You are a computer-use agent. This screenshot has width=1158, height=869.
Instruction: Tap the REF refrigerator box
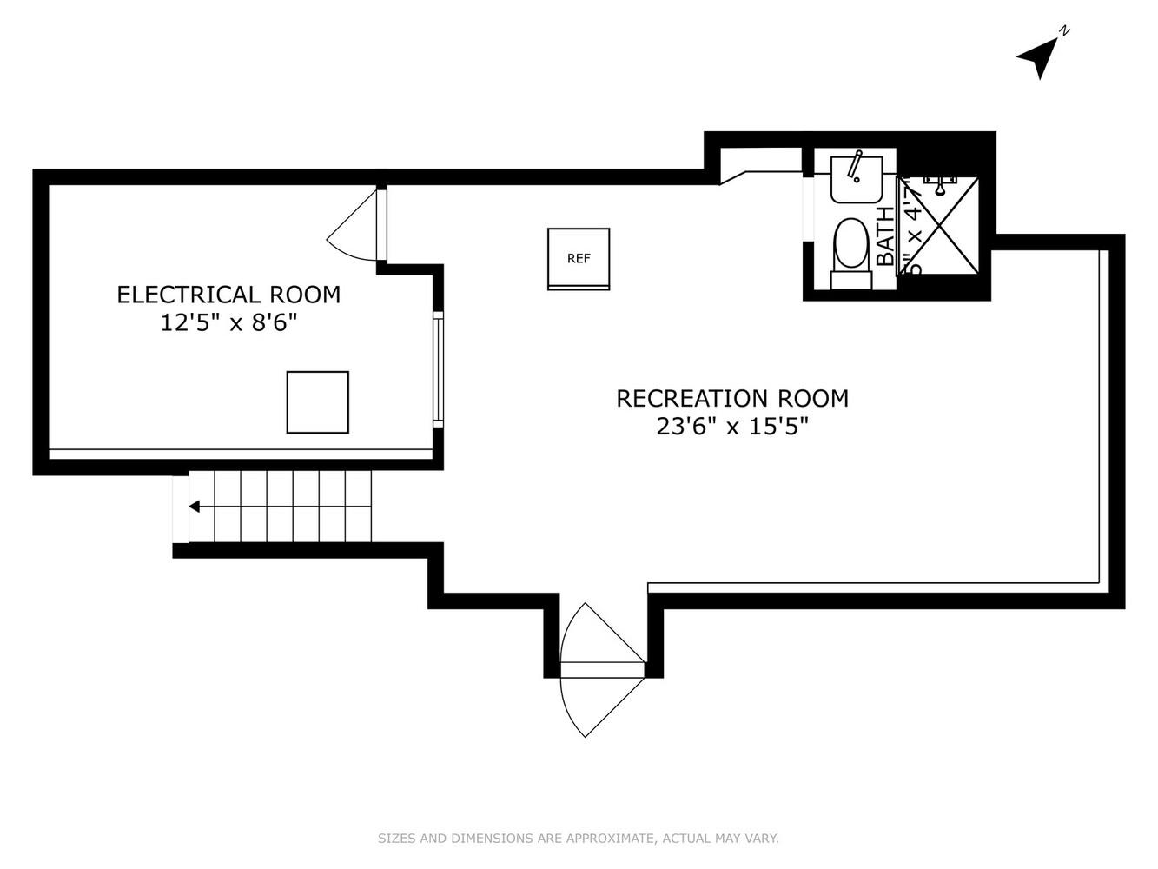coord(578,258)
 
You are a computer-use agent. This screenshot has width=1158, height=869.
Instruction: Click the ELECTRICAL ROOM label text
coord(228,295)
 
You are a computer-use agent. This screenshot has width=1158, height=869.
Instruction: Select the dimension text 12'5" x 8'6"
coord(228,323)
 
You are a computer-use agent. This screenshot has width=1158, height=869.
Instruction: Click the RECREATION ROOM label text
coord(731,398)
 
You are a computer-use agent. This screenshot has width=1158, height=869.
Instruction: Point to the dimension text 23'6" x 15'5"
coord(731,427)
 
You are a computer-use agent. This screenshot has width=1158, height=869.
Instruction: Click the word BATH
coord(885,235)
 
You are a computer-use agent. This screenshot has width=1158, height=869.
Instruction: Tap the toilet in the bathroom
coord(850,251)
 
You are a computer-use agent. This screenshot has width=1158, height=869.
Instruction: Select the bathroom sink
coord(856,180)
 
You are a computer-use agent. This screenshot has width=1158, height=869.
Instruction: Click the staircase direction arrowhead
coord(195,507)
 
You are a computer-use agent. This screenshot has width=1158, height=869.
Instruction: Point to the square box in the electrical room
coord(317,401)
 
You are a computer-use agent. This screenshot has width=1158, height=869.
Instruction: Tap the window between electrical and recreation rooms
coord(439,368)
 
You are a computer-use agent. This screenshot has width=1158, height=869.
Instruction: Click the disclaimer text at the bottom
coord(578,839)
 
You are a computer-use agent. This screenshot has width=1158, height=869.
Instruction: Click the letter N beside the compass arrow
coord(1064,30)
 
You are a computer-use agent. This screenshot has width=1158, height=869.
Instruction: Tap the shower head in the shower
coord(939,185)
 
